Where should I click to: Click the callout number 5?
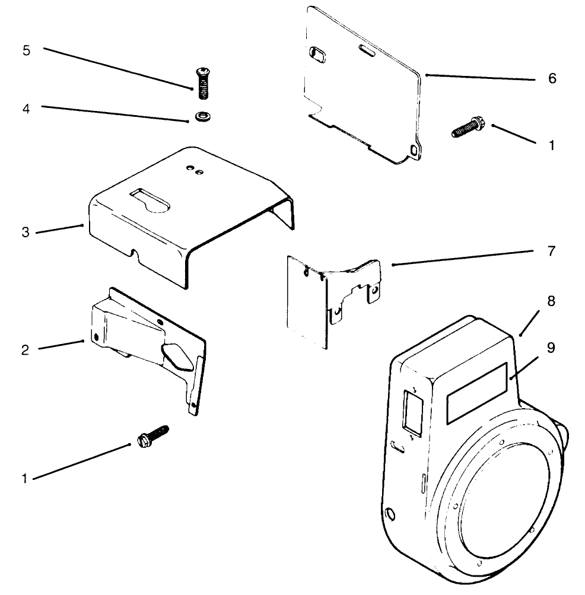(x=26, y=50)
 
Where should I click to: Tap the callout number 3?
(x=26, y=232)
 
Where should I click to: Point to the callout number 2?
(x=25, y=349)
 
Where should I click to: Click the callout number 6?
(x=552, y=78)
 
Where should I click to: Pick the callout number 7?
(x=551, y=252)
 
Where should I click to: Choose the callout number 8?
(x=551, y=301)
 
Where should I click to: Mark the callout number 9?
(x=551, y=348)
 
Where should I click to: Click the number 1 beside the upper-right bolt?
(x=551, y=144)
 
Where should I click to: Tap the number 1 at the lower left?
(x=25, y=478)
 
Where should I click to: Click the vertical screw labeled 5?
(x=202, y=83)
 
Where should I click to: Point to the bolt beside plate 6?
(x=467, y=128)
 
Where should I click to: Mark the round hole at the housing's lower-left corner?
(x=391, y=512)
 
